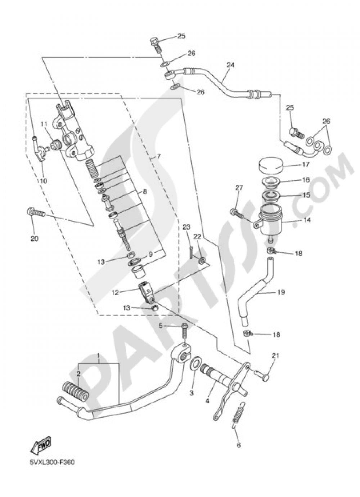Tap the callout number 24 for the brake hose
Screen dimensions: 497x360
(230, 65)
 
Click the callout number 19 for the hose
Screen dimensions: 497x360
(281, 292)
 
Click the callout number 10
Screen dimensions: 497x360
(43, 181)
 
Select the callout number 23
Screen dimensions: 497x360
(186, 227)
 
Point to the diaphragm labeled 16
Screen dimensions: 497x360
(271, 182)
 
